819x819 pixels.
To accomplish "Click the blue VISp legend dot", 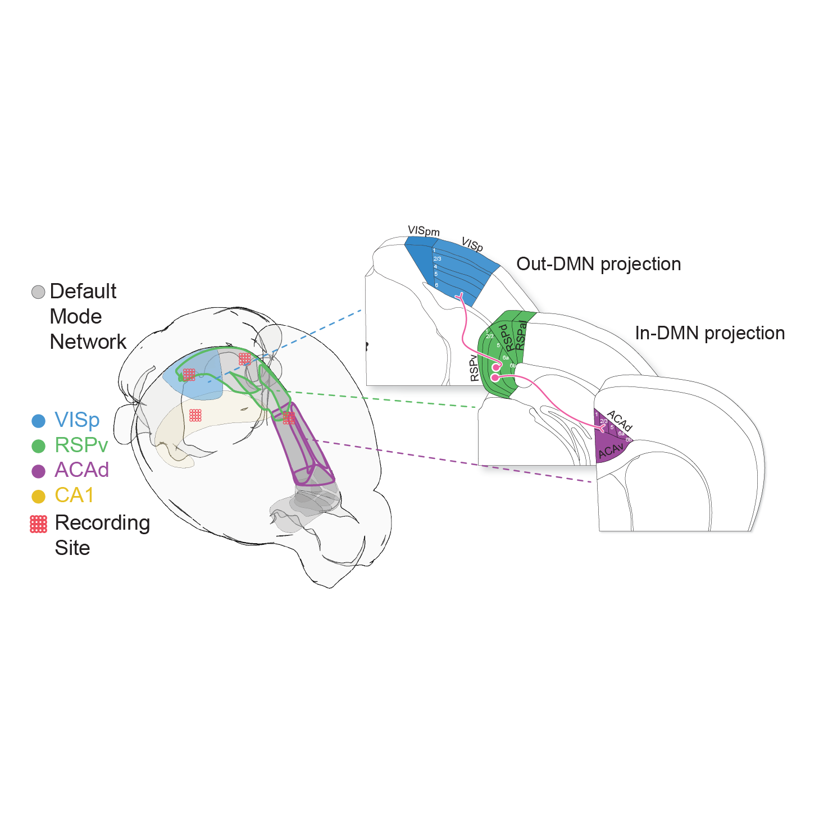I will click(38, 421).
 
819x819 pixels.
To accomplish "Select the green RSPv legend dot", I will click(38, 446).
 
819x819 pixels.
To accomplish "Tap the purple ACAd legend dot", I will click(38, 471).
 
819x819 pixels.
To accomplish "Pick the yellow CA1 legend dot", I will click(38, 497).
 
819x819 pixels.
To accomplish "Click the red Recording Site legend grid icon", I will click(38, 524).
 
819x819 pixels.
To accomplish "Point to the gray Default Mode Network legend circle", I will click(38, 292).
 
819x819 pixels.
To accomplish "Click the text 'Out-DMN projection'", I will click(598, 264).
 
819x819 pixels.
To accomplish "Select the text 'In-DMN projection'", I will click(709, 333).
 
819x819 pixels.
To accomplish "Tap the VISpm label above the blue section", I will click(424, 231).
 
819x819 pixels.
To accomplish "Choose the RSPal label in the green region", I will click(521, 335).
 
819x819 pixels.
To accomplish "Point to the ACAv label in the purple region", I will click(611, 451).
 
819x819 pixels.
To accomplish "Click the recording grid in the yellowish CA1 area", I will click(195, 415).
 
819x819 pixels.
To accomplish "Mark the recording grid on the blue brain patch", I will click(189, 375).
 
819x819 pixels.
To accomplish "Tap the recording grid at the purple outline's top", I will click(289, 417).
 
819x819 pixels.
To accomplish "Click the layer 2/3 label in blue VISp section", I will click(437, 259).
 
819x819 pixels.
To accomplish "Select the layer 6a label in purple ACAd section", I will click(621, 434).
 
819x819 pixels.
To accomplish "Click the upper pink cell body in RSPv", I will click(496, 367).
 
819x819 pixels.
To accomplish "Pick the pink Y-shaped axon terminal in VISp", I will click(459, 295).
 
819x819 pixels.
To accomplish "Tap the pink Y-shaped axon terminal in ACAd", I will click(602, 428).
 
